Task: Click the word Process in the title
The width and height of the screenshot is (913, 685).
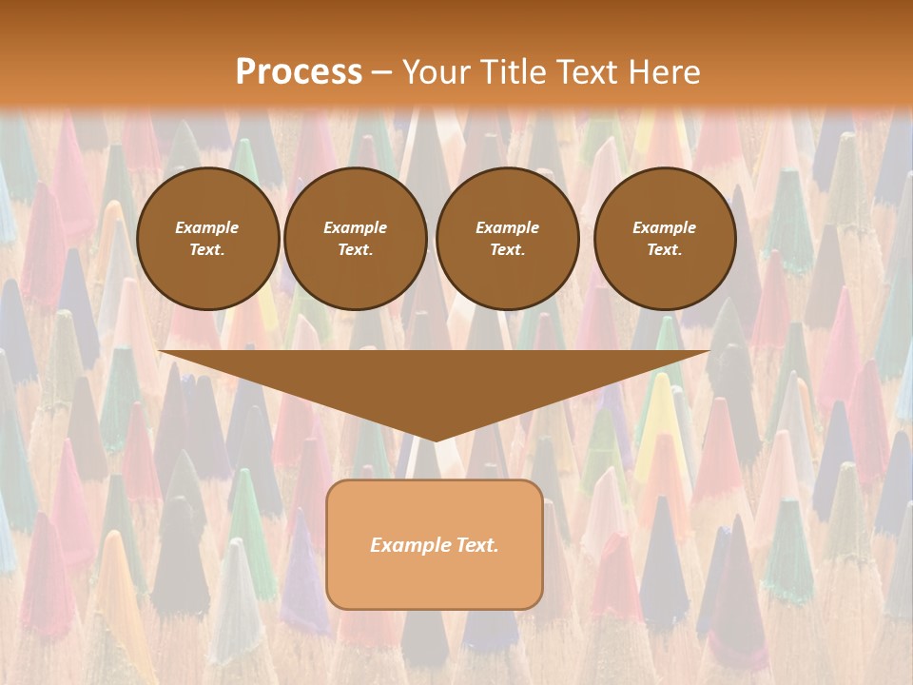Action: [x=299, y=71]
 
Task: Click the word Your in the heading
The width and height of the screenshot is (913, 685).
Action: [x=437, y=71]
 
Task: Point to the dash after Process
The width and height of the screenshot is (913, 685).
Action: [x=382, y=72]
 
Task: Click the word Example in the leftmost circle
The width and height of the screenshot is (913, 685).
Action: [x=207, y=227]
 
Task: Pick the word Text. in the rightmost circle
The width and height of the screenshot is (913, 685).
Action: [x=665, y=250]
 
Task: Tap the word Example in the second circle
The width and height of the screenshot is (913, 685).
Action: [x=356, y=227]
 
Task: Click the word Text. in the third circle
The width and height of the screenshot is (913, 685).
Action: [x=507, y=250]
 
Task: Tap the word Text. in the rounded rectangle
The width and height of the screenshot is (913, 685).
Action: [x=477, y=545]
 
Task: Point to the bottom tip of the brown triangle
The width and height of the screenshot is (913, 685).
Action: [x=435, y=440]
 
